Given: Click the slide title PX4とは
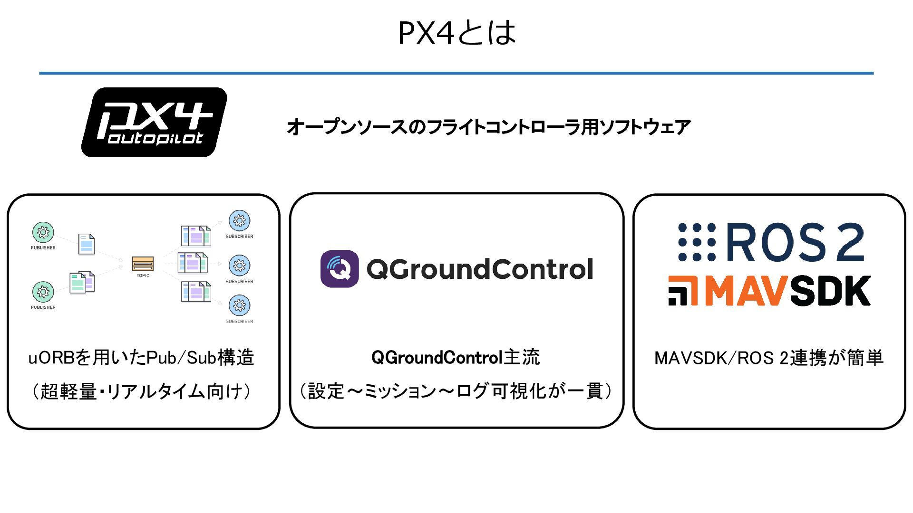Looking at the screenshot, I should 456,32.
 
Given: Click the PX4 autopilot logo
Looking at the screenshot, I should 154,122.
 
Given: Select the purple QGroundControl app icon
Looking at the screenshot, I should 340,269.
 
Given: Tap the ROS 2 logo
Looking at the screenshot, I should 770,243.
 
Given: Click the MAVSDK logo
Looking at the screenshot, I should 769,290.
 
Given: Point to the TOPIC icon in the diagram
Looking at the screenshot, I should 143,263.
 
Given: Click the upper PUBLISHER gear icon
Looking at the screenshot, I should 43,232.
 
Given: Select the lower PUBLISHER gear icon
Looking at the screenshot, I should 43,292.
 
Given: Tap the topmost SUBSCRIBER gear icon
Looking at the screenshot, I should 239,221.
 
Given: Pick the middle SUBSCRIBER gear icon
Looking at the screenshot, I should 239,266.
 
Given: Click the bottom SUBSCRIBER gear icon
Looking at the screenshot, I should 239,305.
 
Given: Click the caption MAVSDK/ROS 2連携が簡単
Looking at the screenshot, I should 769,358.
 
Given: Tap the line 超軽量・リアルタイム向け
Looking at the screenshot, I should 141,392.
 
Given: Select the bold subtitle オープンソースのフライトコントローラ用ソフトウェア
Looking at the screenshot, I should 488,127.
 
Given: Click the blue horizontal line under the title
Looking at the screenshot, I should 456,73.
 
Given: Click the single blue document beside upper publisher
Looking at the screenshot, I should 87,244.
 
